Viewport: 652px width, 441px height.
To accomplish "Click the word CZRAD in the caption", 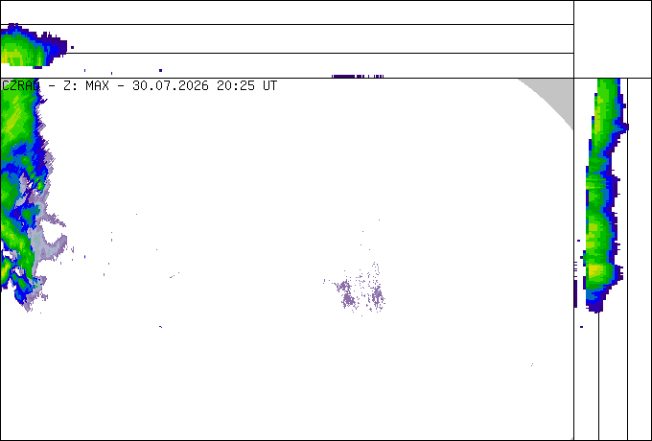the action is [21, 86].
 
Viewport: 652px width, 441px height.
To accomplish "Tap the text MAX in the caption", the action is [97, 86].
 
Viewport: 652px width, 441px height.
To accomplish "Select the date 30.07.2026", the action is [170, 86].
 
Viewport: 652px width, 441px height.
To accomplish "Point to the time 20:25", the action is [235, 86].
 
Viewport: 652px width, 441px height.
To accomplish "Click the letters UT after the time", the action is [269, 86].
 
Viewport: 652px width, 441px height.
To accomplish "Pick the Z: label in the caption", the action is [70, 86].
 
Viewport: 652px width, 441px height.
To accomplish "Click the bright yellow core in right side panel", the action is [595, 271].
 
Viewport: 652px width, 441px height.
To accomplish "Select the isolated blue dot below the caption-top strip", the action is [160, 70].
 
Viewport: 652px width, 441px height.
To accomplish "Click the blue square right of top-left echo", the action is [72, 47].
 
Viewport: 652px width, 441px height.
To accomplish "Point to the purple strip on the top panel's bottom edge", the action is [358, 76].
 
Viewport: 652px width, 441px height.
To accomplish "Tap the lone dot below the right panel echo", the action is [581, 327].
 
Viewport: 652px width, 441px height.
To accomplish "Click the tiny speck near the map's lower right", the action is [532, 364].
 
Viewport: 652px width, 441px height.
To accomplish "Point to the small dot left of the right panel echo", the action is [578, 241].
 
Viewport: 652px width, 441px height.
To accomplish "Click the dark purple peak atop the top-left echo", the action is [12, 26].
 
